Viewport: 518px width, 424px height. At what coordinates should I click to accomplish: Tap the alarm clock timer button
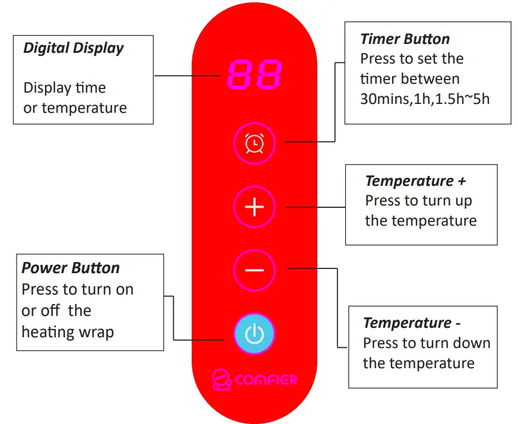(255, 143)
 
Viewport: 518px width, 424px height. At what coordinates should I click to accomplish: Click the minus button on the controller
(255, 270)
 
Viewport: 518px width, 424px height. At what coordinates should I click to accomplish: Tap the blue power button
(255, 333)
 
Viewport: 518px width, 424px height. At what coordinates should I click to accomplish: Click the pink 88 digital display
(255, 74)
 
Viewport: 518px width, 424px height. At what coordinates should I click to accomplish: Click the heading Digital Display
(74, 48)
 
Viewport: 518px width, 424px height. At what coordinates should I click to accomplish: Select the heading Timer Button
(405, 39)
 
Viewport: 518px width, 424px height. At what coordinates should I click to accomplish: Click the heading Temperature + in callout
(415, 181)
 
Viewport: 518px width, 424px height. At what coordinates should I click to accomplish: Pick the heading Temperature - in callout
(412, 322)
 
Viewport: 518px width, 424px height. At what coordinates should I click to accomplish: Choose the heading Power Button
(71, 268)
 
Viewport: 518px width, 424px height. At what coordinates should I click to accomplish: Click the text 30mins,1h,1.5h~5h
(425, 99)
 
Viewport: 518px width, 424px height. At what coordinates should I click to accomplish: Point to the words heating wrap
(67, 331)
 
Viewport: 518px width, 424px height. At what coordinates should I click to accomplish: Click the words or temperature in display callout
(75, 108)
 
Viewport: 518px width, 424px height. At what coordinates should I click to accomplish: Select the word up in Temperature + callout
(463, 201)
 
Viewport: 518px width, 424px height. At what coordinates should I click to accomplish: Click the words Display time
(65, 88)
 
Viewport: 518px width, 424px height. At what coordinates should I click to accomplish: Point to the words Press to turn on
(78, 289)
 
